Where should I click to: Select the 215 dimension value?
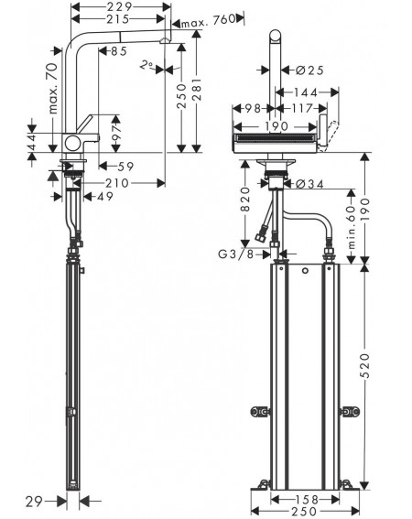[117, 19]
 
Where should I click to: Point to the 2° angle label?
[146, 65]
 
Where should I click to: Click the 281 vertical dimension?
[197, 90]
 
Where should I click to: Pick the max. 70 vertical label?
[53, 89]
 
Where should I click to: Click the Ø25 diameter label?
[309, 70]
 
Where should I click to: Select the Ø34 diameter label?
[309, 184]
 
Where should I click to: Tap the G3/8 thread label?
[235, 254]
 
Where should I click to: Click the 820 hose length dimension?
[245, 199]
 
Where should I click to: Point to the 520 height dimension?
[364, 365]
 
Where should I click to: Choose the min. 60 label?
[351, 227]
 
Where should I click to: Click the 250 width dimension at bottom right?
[304, 512]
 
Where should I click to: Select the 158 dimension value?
[306, 499]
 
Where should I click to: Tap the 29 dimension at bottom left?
[34, 503]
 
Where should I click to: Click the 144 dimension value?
[306, 92]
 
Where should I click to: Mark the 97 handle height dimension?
[116, 134]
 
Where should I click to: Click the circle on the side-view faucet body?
[72, 144]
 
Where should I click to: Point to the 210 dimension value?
[117, 183]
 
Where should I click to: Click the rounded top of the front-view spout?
[276, 35]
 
